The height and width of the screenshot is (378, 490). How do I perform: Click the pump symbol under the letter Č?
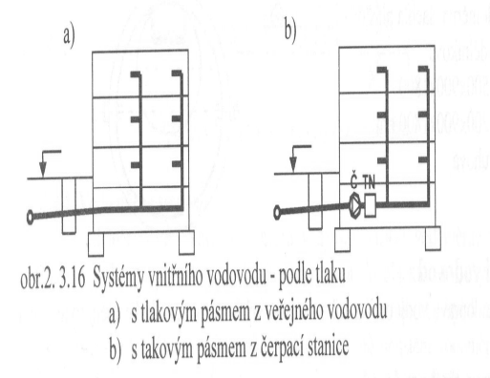355,202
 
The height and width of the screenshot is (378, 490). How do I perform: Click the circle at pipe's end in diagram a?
32,217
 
